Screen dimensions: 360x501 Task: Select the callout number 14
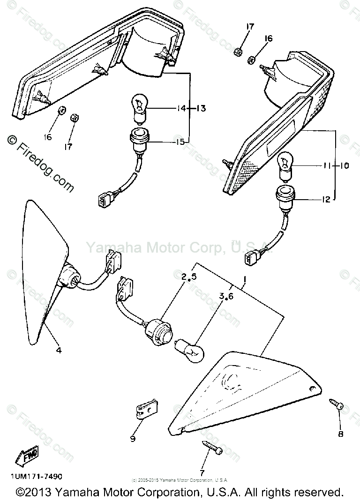[x=180, y=109]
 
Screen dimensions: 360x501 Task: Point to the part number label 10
[x=344, y=165]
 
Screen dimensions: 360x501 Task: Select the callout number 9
[x=133, y=438]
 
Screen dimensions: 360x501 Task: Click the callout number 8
[x=341, y=434]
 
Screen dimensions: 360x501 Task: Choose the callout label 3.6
[x=226, y=297]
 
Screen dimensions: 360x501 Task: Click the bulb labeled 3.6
[x=192, y=349]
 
